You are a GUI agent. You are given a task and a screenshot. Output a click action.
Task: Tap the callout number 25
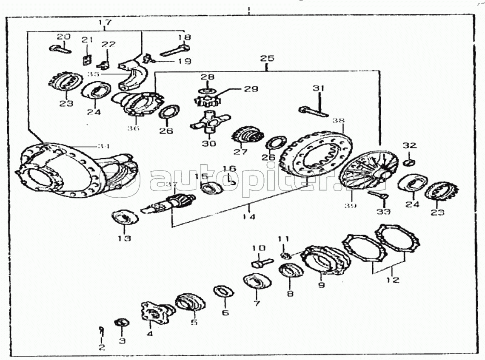pyautogui.click(x=268, y=58)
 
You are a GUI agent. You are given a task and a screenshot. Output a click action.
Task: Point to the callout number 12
pyautogui.click(x=393, y=280)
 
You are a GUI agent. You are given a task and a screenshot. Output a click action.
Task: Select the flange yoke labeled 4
pyautogui.click(x=155, y=312)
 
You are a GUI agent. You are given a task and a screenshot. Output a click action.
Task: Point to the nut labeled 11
pyautogui.click(x=286, y=255)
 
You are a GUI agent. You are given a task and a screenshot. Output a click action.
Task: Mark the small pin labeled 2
pyautogui.click(x=101, y=329)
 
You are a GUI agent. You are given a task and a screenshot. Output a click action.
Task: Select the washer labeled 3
pyautogui.click(x=122, y=322)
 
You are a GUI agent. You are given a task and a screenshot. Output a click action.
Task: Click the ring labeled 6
pyautogui.click(x=224, y=292)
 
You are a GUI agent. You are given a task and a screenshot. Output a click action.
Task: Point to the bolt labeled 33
pyautogui.click(x=378, y=195)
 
